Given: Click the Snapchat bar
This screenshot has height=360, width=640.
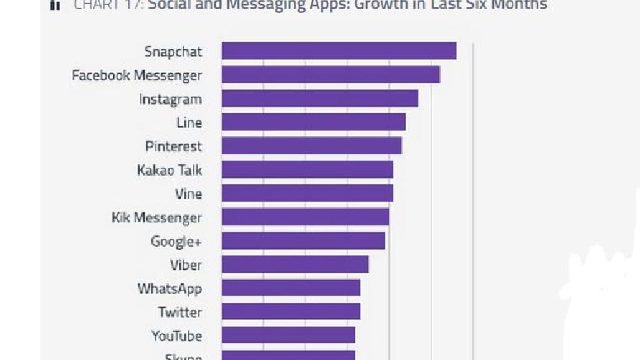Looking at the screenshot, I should click(339, 51).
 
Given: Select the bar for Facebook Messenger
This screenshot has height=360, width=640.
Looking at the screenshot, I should click(330, 75).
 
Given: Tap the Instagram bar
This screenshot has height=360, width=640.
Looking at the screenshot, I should click(320, 98).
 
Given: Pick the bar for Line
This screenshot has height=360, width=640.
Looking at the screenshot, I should click(313, 122).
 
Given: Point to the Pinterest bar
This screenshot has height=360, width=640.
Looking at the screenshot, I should click(312, 146).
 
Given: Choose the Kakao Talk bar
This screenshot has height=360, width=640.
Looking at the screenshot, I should click(307, 169).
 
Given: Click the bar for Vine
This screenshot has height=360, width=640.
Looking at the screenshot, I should click(307, 193).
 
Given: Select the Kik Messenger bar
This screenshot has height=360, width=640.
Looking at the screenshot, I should click(305, 217).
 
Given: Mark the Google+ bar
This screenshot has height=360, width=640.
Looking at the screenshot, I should click(303, 240).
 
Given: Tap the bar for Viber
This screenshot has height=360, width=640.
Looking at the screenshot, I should click(295, 264).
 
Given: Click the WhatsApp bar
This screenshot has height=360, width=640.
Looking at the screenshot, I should click(291, 288).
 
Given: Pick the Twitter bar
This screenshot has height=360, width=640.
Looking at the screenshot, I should click(291, 311).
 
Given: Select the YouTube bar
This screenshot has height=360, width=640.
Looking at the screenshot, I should click(288, 335).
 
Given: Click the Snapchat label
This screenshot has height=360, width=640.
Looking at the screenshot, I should click(173, 52).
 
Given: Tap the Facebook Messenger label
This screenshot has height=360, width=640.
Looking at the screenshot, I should click(137, 75).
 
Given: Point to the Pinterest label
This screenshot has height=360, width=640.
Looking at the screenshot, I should click(174, 146).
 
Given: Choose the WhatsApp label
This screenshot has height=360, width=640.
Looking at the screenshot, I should click(170, 288).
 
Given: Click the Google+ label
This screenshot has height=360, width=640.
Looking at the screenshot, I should click(176, 241).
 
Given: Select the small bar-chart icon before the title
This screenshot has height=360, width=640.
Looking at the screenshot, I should click(55, 6).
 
